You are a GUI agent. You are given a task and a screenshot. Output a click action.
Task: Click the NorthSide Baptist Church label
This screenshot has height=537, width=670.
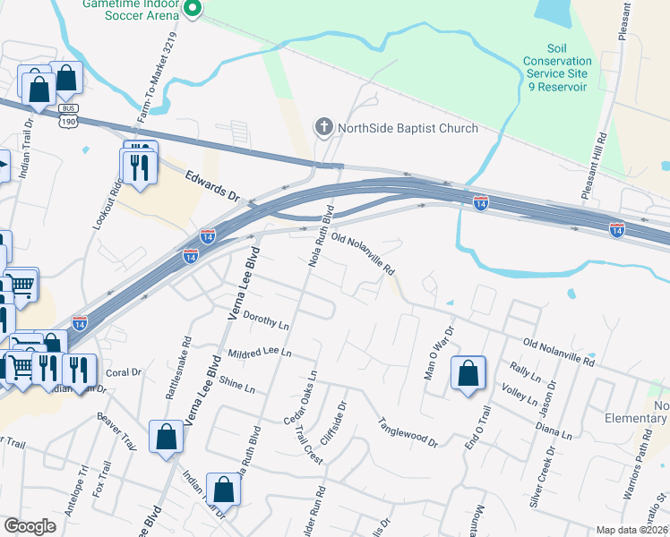[x=408, y=128]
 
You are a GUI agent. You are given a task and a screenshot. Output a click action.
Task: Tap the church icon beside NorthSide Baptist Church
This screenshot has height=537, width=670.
[x=324, y=128]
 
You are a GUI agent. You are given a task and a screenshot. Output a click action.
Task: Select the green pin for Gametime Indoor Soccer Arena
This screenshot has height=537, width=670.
[x=193, y=9]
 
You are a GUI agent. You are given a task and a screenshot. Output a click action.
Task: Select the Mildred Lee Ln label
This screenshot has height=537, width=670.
[x=260, y=353]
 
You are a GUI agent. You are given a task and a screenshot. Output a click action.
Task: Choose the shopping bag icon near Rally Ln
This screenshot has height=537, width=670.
[x=468, y=373]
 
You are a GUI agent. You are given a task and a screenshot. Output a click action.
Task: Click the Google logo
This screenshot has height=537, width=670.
[x=30, y=526]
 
